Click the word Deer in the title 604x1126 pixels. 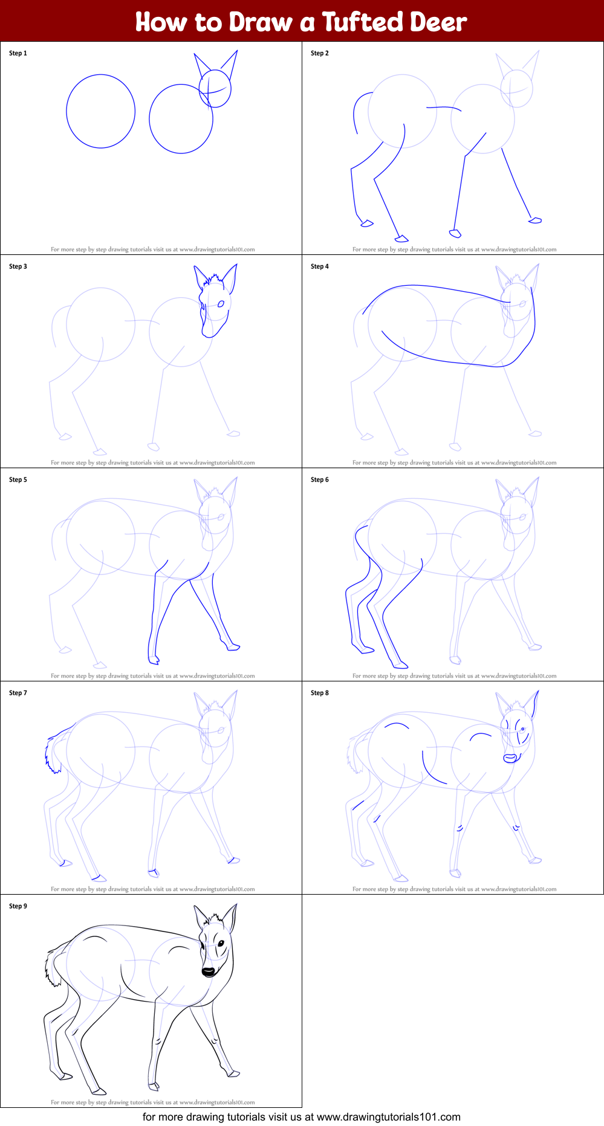[x=439, y=22]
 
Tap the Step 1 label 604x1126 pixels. [x=18, y=53]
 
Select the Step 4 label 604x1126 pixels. [x=320, y=266]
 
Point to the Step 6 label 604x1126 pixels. [x=320, y=480]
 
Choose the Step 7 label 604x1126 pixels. [x=18, y=693]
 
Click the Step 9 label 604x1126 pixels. [x=18, y=906]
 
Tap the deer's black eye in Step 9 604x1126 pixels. [x=221, y=944]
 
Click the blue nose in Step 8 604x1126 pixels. [x=511, y=758]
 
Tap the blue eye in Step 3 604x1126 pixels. [x=221, y=303]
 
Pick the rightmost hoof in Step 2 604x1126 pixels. [x=535, y=220]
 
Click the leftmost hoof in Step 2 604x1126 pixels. [x=366, y=224]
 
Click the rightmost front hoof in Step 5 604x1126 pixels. [x=233, y=647]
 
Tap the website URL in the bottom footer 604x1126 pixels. [x=389, y=1117]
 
